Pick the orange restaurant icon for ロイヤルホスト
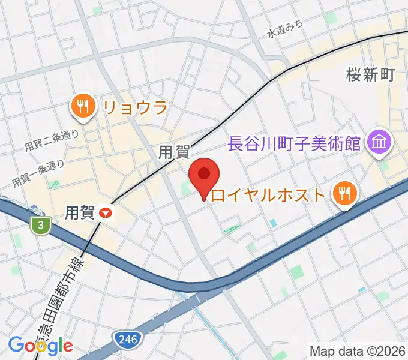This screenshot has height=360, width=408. (345, 193)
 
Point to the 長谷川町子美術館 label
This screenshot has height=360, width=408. (294, 143)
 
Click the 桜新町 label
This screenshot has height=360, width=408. (370, 74)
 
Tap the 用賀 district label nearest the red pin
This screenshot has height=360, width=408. (173, 152)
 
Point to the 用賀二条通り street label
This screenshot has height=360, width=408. (52, 140)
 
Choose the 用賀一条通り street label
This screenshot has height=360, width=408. (38, 173)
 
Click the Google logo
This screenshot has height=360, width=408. (40, 345)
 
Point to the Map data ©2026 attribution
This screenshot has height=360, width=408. (357, 350)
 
